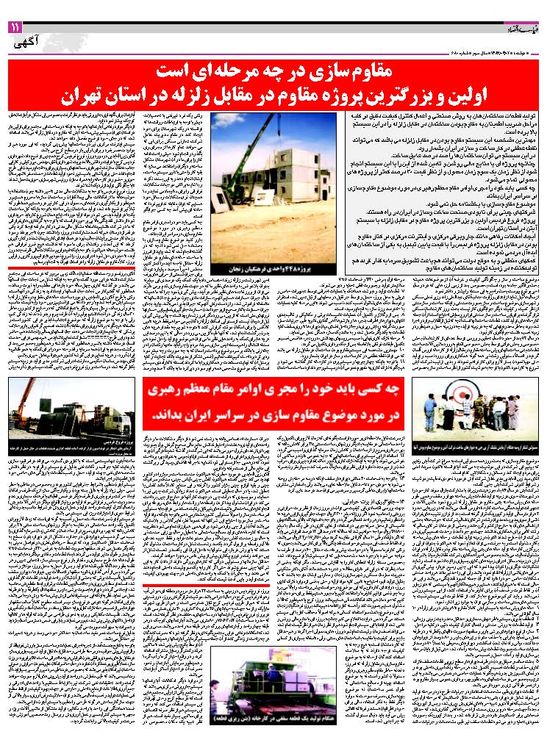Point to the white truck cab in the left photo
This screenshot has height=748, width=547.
(118, 422)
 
